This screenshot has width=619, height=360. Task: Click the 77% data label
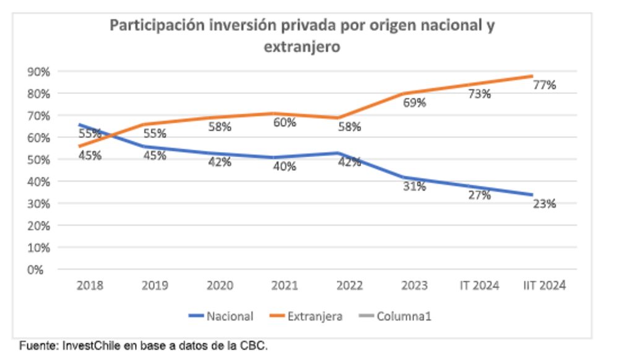point(544,85)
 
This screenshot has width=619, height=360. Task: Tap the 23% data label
point(544,204)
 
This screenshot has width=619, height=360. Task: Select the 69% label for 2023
point(414,103)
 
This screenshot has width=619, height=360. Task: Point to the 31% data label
point(414,186)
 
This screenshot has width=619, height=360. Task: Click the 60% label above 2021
point(285,122)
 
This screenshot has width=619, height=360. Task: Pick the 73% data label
point(479,94)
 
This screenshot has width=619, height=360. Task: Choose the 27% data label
point(479,195)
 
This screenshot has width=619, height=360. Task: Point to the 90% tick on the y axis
point(38,72)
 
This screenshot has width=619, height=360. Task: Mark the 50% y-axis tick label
point(38,160)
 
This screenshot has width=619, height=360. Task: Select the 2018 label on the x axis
point(90,286)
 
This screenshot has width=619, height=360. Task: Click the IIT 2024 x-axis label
point(544,286)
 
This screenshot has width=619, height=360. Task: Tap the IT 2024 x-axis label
point(479,286)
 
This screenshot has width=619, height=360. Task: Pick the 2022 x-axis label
point(349,286)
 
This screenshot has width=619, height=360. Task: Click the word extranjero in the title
point(302,46)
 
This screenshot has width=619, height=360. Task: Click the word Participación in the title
point(149,26)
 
